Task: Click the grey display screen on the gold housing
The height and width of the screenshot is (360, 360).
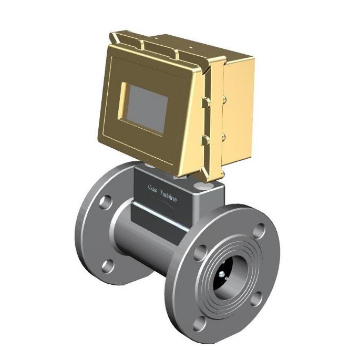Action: (147, 109)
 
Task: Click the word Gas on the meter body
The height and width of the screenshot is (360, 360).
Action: (152, 188)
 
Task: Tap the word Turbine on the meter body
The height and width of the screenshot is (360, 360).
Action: (168, 196)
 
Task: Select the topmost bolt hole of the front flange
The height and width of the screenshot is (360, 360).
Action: (259, 231)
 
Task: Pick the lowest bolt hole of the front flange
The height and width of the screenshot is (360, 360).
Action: (199, 324)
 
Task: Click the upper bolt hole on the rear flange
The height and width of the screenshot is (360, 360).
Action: (106, 202)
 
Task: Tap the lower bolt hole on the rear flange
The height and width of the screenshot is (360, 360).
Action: (108, 266)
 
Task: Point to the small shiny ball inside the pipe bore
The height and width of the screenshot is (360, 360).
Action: (221, 274)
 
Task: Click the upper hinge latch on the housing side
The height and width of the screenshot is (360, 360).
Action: (206, 102)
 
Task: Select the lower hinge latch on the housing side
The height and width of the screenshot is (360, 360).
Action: (206, 140)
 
